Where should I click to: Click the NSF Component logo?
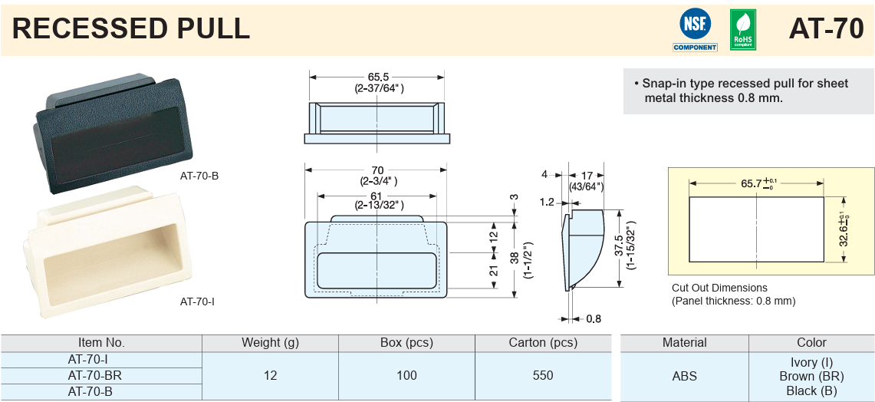[x=695, y=30]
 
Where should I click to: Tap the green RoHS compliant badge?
[x=742, y=30]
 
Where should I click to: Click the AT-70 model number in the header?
[x=826, y=29]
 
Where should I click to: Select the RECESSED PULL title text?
[x=131, y=29]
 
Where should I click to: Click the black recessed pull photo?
[x=107, y=127]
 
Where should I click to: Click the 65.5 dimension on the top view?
[x=379, y=77]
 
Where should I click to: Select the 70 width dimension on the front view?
[x=377, y=170]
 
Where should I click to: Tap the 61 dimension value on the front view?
[x=378, y=195]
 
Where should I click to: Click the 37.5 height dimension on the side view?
[x=619, y=246]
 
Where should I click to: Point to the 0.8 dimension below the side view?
[x=594, y=318]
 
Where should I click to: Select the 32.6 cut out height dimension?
[x=842, y=229]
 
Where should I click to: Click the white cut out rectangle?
[x=757, y=229]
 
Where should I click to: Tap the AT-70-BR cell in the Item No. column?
[x=95, y=375]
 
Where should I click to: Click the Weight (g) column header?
[x=270, y=343]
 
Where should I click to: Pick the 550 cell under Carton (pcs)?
[x=543, y=375]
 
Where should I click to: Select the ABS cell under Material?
[x=685, y=375]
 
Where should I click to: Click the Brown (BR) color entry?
[x=811, y=376]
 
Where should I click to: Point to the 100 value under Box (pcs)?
[x=406, y=375]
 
